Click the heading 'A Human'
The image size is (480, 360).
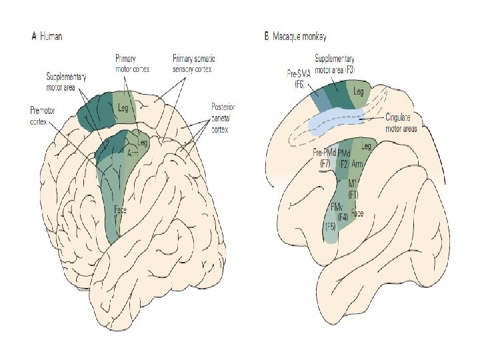[x=47, y=37]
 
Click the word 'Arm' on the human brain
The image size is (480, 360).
[x=133, y=154]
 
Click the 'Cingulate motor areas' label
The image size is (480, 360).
[x=401, y=123]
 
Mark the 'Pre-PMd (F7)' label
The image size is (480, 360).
[x=325, y=158]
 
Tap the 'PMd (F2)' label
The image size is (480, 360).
[x=344, y=158]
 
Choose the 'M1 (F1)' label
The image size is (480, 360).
[x=354, y=189]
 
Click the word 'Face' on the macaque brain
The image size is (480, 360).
[x=358, y=213]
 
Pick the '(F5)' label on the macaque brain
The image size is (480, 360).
[x=330, y=226]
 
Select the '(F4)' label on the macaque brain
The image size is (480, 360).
[x=343, y=217]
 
